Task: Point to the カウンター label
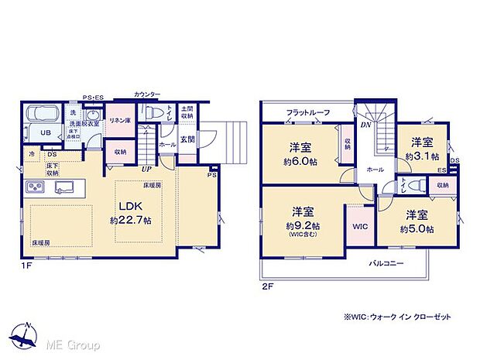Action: [147, 94]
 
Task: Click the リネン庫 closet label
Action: [118, 119]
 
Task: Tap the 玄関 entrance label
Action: [188, 139]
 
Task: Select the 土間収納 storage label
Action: [187, 112]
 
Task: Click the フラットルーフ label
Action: [307, 113]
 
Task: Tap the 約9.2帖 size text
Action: [302, 225]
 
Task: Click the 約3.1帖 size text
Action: [420, 156]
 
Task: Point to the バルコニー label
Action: [385, 263]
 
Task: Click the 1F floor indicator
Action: [27, 266]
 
